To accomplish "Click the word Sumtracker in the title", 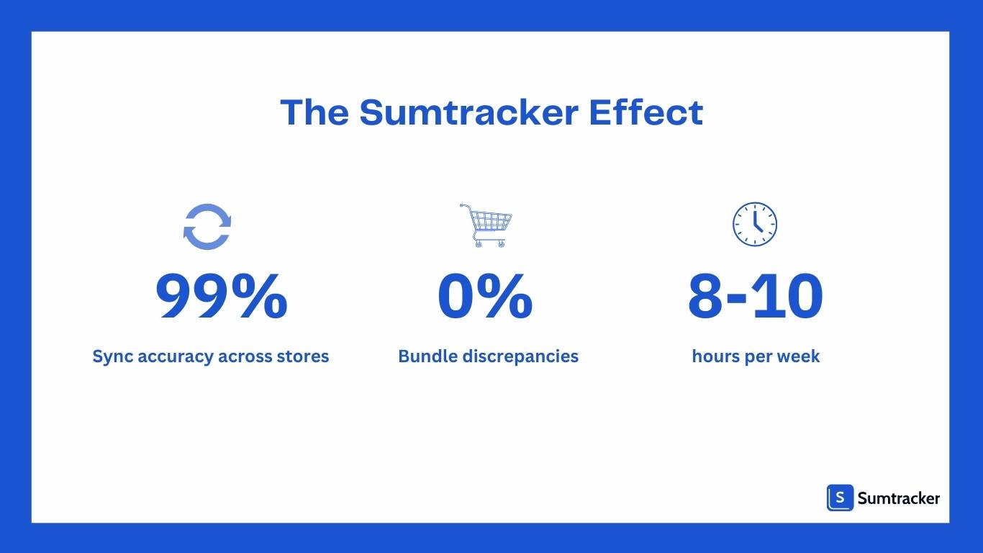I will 468,113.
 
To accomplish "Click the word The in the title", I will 314,113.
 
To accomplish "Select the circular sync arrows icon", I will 207,227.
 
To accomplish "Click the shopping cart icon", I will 486,225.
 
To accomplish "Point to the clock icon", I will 755,223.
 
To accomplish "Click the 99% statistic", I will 222,297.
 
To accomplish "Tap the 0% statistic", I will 485,297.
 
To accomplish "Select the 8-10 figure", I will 755,297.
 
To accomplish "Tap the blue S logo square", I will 840,498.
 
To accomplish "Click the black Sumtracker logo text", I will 899,498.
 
